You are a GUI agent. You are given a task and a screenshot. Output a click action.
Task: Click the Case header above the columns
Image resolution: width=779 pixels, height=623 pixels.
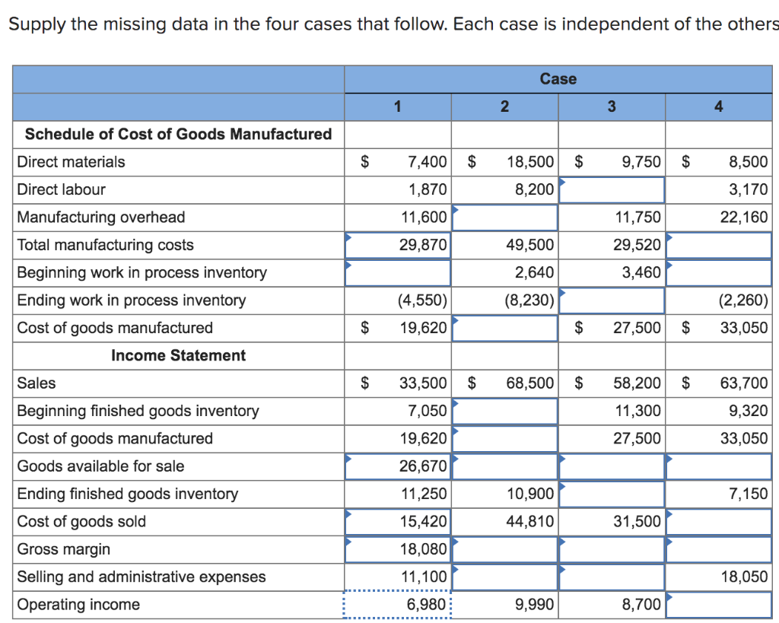(x=558, y=79)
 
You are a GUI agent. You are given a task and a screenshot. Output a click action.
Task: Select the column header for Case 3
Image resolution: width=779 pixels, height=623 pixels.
(x=611, y=106)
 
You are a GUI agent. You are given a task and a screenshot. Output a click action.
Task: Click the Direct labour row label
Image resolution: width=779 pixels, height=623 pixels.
(x=61, y=189)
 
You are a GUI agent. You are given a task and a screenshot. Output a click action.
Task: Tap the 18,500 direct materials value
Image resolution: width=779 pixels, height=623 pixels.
(x=530, y=162)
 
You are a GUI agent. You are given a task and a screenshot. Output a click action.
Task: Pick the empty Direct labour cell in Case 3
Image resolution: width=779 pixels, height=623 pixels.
(x=612, y=189)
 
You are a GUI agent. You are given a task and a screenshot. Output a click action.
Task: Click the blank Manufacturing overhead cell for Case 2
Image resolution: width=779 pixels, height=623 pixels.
(x=505, y=218)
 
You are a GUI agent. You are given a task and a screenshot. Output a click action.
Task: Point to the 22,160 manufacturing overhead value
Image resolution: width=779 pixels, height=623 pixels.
(x=743, y=218)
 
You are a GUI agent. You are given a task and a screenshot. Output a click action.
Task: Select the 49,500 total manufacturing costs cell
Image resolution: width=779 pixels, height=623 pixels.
(x=529, y=245)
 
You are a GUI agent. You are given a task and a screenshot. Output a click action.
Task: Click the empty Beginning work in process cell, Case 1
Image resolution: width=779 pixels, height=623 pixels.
(x=398, y=273)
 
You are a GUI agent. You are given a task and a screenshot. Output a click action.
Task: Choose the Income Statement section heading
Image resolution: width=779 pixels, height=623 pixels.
(x=178, y=355)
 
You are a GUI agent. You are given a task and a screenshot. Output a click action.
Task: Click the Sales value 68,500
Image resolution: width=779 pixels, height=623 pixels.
(x=530, y=383)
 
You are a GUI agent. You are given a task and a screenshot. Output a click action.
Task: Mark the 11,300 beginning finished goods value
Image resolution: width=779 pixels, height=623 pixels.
(x=638, y=411)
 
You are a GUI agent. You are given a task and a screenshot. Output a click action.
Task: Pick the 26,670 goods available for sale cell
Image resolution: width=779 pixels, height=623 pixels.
(x=423, y=466)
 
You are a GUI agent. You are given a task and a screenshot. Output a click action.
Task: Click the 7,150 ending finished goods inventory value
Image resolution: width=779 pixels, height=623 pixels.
(x=748, y=494)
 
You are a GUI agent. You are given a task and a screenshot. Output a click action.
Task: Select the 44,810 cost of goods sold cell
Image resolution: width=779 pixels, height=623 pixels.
(x=529, y=522)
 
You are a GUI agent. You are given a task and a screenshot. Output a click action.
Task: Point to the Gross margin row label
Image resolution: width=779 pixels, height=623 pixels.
(x=63, y=549)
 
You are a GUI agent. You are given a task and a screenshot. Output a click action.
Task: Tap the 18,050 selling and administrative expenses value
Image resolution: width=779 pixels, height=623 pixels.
(x=743, y=577)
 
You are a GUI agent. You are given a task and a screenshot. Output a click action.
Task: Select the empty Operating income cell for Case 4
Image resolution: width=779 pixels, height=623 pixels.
(x=718, y=605)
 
